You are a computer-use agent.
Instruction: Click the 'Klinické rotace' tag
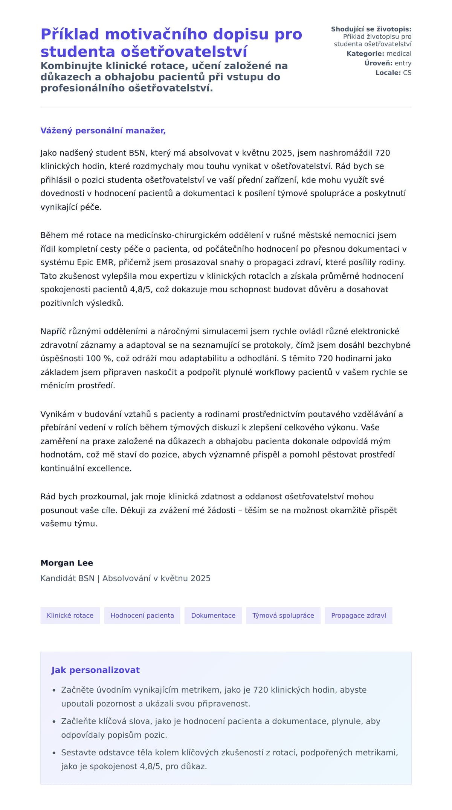click(70, 615)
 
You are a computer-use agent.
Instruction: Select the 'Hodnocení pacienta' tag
click(142, 615)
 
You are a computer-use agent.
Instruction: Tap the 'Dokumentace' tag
click(213, 615)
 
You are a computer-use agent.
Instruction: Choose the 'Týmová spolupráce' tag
click(283, 615)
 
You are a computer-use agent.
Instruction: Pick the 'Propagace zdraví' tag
click(359, 615)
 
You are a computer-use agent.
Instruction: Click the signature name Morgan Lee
click(67, 563)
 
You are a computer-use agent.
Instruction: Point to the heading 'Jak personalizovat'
click(95, 670)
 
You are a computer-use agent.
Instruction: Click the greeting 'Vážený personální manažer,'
click(103, 131)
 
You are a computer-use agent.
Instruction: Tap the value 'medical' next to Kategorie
click(399, 54)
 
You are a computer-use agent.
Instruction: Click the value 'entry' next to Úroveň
click(403, 63)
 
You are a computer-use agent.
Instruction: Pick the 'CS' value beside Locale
click(407, 73)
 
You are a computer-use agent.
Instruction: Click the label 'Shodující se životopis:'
click(371, 29)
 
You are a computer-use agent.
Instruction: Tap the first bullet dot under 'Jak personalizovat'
click(54, 690)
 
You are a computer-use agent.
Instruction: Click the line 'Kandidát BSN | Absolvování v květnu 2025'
click(125, 578)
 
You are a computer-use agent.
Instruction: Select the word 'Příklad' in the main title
click(70, 34)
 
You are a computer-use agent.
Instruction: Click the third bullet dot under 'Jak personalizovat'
click(54, 753)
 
